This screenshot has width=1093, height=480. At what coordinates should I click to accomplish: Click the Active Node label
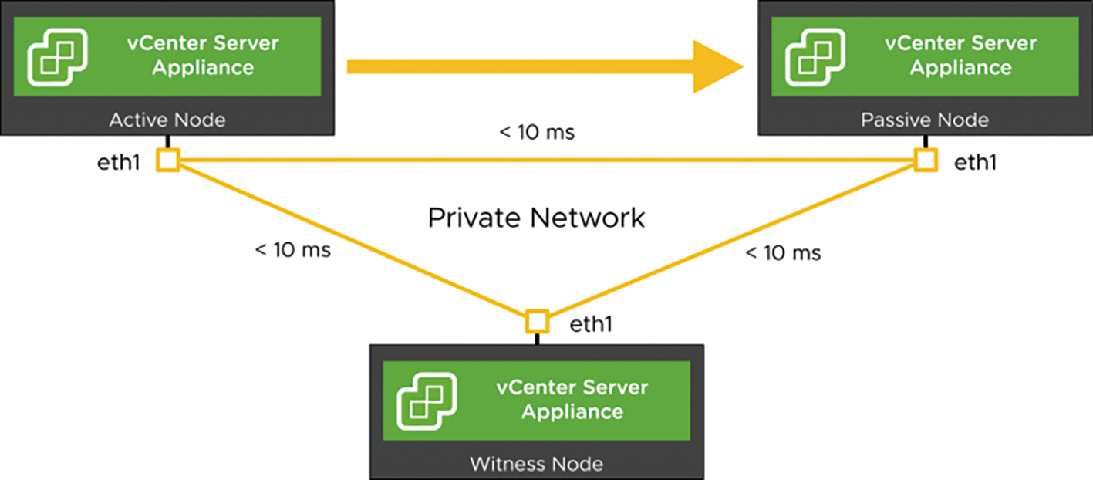pyautogui.click(x=167, y=120)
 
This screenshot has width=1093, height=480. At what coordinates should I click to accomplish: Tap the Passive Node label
pyautogui.click(x=925, y=120)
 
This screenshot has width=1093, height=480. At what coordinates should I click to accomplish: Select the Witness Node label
pyautogui.click(x=536, y=464)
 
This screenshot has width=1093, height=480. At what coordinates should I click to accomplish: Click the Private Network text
pyautogui.click(x=536, y=218)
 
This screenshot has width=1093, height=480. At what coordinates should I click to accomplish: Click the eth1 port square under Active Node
pyautogui.click(x=168, y=161)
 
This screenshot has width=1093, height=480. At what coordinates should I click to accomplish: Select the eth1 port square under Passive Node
pyautogui.click(x=926, y=161)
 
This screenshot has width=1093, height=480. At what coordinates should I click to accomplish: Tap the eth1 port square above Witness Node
pyautogui.click(x=537, y=322)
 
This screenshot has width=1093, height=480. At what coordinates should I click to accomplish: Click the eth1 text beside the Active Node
pyautogui.click(x=119, y=163)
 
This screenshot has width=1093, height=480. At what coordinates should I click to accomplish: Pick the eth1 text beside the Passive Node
pyautogui.click(x=976, y=163)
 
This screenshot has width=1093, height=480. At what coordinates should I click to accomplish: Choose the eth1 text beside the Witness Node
pyautogui.click(x=591, y=324)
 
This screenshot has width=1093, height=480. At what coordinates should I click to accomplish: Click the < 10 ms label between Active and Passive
pyautogui.click(x=537, y=132)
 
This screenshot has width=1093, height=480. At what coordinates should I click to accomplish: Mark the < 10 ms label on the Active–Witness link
pyautogui.click(x=293, y=250)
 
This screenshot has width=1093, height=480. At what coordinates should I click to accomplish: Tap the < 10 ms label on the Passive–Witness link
pyautogui.click(x=783, y=253)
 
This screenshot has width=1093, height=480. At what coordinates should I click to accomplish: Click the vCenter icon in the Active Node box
pyautogui.click(x=58, y=57)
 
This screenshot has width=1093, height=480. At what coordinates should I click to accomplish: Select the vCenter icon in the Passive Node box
pyautogui.click(x=815, y=57)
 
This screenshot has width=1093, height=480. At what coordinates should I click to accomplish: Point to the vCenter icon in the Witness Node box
pyautogui.click(x=427, y=401)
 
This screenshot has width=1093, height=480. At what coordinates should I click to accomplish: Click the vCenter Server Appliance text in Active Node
pyautogui.click(x=203, y=56)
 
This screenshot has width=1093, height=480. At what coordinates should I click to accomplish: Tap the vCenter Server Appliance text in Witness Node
pyautogui.click(x=572, y=400)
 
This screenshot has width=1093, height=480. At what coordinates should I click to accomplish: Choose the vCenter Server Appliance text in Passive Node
pyautogui.click(x=961, y=56)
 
